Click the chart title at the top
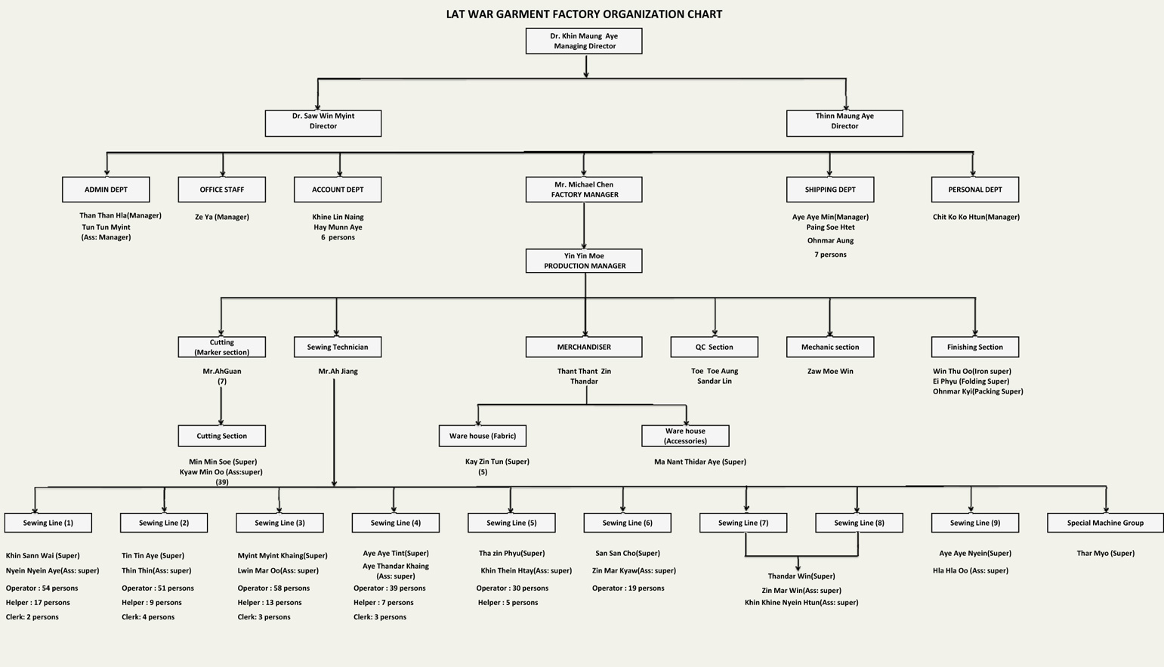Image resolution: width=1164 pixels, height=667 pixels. tap(584, 14)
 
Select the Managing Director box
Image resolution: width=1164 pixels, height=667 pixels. tap(584, 41)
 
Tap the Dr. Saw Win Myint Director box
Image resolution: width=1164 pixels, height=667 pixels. tap(323, 123)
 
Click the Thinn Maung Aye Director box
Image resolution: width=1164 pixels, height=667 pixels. tap(844, 123)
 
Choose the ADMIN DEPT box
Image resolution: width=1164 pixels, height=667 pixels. tap(106, 190)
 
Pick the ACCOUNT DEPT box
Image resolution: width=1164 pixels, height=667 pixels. tap(338, 190)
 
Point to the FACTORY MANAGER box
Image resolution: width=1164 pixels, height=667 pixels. tap(584, 190)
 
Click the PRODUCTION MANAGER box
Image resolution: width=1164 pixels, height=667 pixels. tap(584, 261)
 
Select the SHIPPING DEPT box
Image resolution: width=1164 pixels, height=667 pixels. tap(830, 190)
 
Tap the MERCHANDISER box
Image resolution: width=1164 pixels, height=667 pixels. tap(584, 347)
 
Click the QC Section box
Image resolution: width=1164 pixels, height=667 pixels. tap(715, 347)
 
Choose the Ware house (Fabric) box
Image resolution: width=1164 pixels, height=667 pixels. tap(483, 436)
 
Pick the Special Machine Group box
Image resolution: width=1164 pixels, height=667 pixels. tap(1105, 523)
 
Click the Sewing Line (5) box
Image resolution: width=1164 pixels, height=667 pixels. tap(512, 523)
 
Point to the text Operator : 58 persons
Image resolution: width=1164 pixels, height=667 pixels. tap(273, 588)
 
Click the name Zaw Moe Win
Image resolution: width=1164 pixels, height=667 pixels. tap(830, 371)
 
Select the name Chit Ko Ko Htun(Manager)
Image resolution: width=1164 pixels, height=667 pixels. tap(976, 217)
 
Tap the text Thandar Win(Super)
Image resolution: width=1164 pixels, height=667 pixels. tap(801, 576)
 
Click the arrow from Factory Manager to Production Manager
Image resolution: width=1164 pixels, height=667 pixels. tap(584, 226)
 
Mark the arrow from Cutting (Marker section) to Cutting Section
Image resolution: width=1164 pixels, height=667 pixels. tap(221, 406)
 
